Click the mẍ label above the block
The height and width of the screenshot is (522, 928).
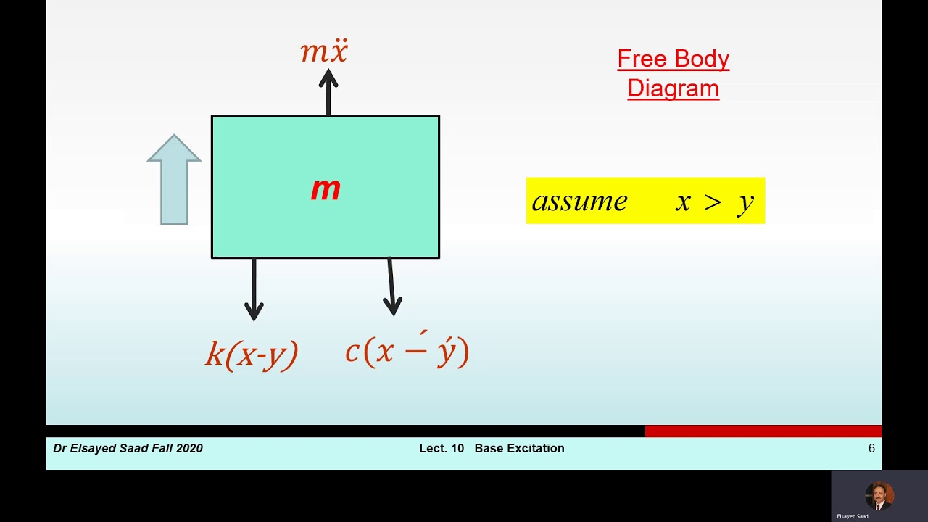coord(324,52)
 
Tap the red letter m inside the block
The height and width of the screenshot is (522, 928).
coord(326,189)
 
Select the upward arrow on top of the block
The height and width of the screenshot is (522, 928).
coord(328,92)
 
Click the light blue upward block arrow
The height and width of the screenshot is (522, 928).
coord(174,179)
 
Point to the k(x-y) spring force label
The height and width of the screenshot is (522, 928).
coord(252,355)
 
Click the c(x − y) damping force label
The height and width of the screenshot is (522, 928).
coord(407,352)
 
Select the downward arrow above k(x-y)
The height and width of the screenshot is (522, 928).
coord(254,289)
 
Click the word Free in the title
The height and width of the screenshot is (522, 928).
coord(642,59)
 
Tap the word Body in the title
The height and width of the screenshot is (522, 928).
coord(701,59)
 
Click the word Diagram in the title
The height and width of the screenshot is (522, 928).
coord(673,88)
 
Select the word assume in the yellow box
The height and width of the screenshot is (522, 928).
coord(579,201)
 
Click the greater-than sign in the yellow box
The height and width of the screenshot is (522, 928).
coord(713,202)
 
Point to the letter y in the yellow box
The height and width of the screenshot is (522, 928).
coord(746,202)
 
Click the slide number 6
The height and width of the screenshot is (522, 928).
coord(871,449)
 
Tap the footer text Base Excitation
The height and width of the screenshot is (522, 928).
coord(519,449)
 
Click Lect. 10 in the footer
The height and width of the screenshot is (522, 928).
coord(441,449)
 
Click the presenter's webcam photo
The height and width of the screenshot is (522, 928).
coord(879,496)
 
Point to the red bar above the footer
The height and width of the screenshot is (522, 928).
coord(763,431)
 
